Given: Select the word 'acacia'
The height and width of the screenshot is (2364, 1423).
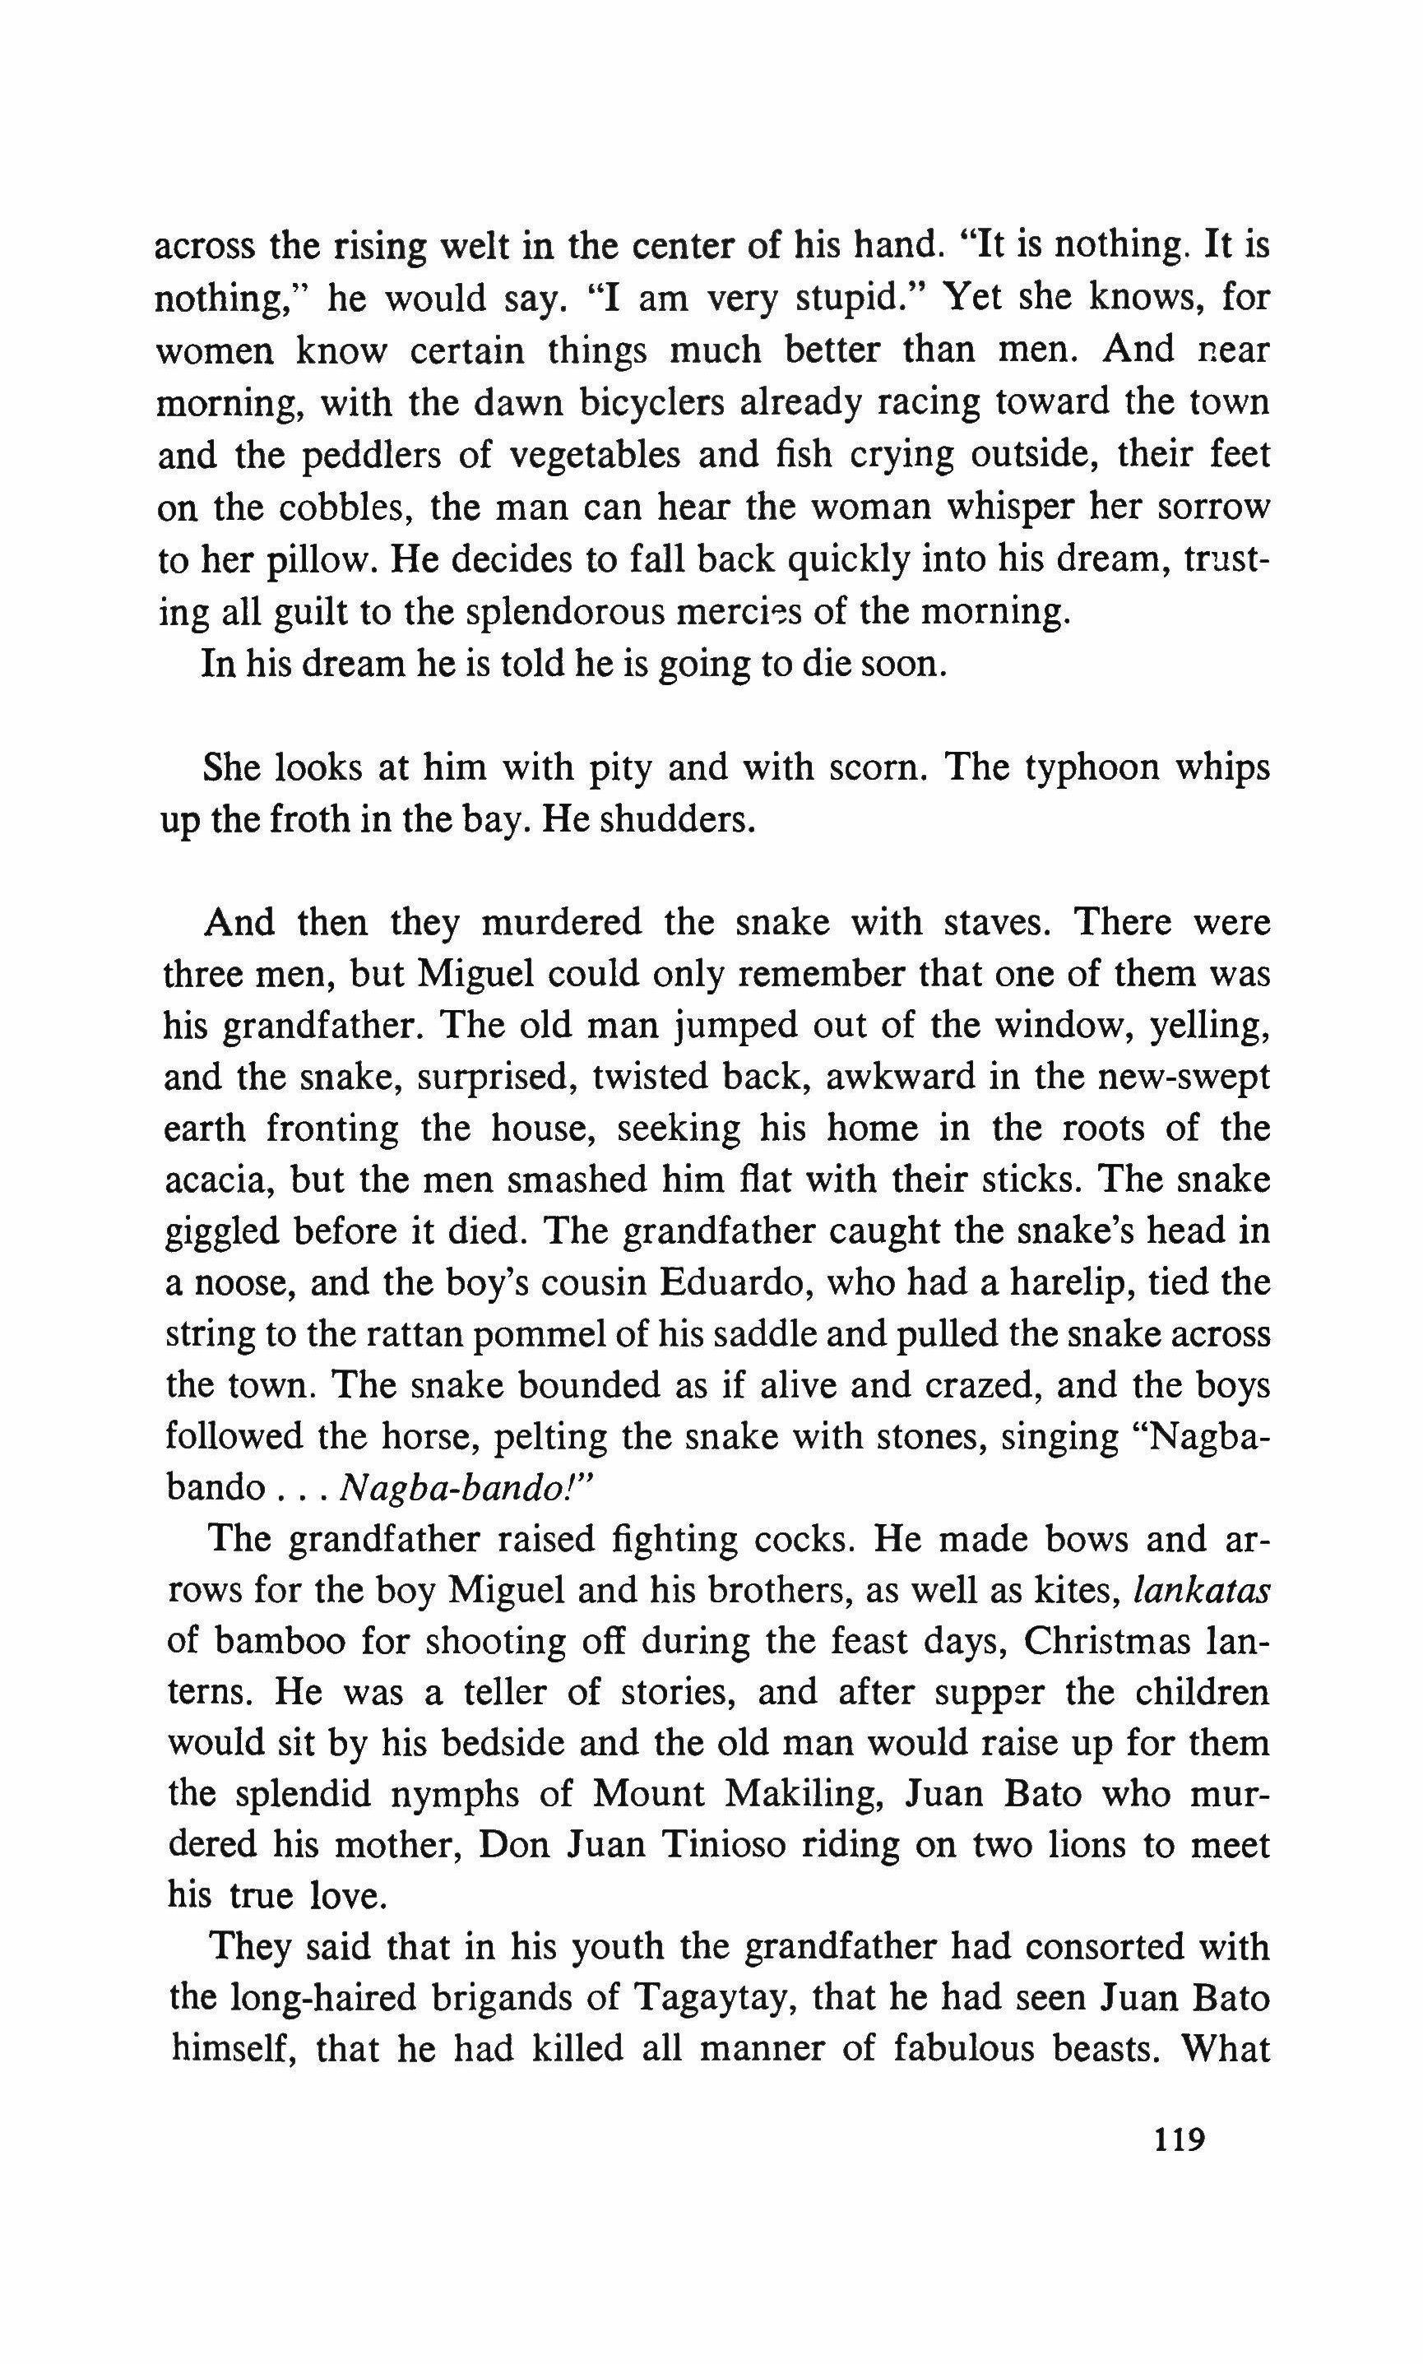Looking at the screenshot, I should pyautogui.click(x=215, y=1180).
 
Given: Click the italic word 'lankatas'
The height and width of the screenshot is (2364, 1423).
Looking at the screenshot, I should pyautogui.click(x=1201, y=1592).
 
